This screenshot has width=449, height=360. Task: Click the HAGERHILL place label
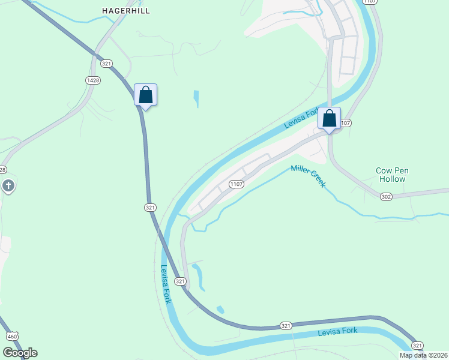(x=125, y=11)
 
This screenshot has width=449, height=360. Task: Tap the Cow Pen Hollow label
(x=391, y=175)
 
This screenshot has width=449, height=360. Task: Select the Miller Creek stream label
(x=308, y=176)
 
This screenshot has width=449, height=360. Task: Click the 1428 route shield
(x=92, y=80)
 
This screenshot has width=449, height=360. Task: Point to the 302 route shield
(x=386, y=196)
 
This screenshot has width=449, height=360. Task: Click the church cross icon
(x=8, y=186)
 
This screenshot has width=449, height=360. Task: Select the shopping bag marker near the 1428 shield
(x=145, y=95)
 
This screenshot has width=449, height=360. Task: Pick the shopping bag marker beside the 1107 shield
(x=330, y=118)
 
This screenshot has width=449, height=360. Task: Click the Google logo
(x=20, y=352)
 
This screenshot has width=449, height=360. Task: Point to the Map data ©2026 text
(x=423, y=355)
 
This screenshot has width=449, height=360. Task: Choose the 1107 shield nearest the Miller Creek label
(x=236, y=184)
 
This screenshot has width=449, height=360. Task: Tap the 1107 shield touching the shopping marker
(x=345, y=123)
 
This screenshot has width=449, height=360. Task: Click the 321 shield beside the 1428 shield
(x=107, y=63)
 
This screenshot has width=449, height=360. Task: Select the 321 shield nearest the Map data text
(x=417, y=345)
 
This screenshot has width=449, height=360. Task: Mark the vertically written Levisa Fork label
(x=166, y=284)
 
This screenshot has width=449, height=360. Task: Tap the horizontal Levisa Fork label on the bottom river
(x=337, y=331)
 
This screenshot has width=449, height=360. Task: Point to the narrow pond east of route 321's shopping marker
(x=196, y=99)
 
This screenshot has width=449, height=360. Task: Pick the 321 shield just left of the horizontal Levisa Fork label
(x=286, y=325)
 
